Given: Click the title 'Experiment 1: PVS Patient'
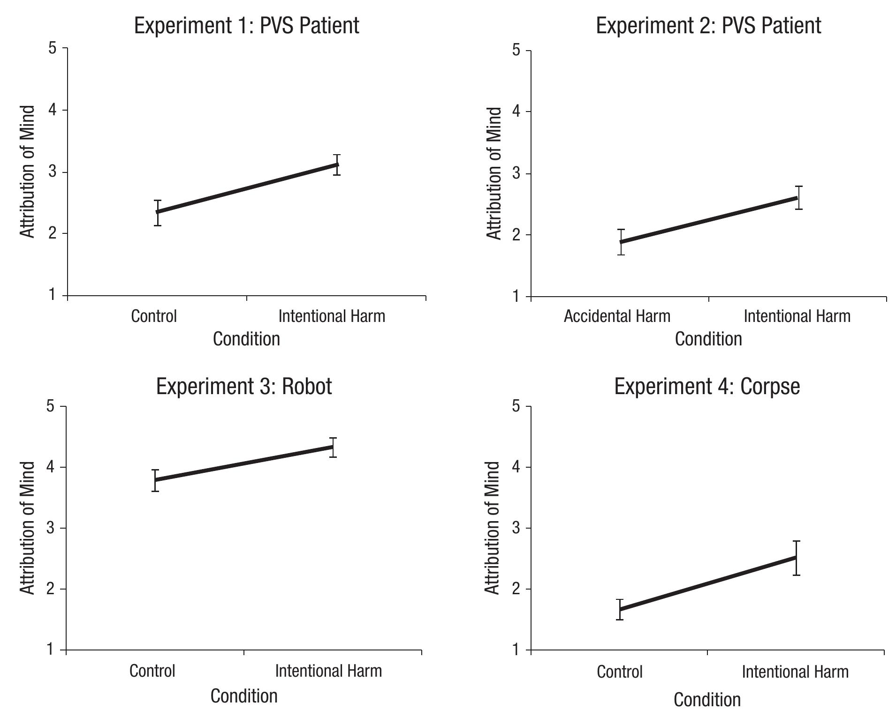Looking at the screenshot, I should pos(246,25).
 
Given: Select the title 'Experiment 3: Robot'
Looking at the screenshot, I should pos(243,387).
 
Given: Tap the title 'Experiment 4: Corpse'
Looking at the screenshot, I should pos(707,387).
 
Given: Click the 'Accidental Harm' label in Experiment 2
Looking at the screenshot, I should pos(617,316).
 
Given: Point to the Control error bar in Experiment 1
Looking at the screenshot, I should pos(158,213).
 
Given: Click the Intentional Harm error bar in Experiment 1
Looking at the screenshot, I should pos(337,164).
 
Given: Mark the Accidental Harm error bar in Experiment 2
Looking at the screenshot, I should pos(621,242).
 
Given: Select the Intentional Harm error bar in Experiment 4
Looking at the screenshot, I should pos(796,558).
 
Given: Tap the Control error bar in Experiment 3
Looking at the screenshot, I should pos(155,480).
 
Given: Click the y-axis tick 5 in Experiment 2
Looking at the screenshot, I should pos(516,50).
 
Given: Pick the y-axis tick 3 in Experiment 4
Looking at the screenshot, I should pos(516,528).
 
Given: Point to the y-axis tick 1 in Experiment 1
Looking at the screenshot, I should pos(52,295).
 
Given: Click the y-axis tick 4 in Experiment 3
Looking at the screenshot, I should pos(51,467).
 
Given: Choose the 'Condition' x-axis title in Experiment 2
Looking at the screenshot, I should pos(708,339).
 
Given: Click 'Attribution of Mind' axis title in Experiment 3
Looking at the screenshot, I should pos(28,528).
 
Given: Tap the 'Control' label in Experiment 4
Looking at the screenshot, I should pos(619,672).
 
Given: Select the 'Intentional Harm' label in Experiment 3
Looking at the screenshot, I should pos(328,671).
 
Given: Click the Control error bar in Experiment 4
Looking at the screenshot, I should pos(620,609).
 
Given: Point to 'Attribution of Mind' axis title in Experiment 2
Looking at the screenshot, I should pos(494,173).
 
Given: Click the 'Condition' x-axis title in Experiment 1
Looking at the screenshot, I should pos(246,339).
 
